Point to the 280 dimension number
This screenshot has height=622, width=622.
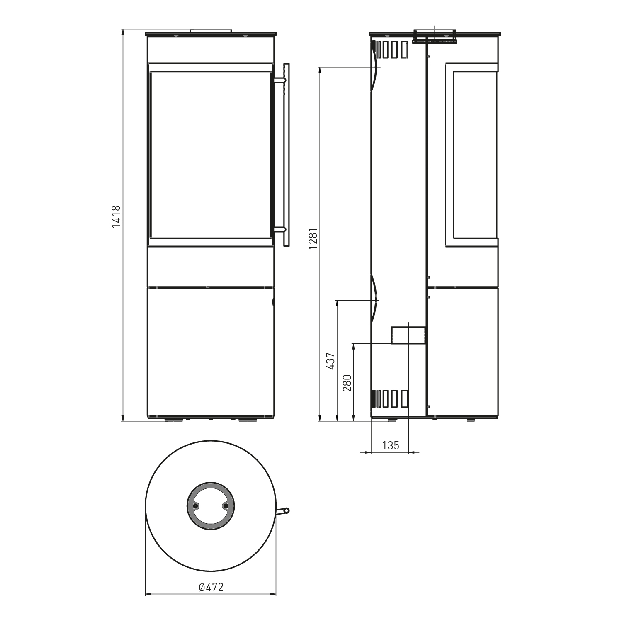[x=347, y=383]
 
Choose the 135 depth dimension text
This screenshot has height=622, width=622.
[x=390, y=445]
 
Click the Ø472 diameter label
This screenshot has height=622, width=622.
[x=211, y=587]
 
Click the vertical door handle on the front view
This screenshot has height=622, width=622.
[x=286, y=155]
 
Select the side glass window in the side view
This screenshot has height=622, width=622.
[x=475, y=155]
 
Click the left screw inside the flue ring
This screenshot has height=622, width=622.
[x=196, y=506]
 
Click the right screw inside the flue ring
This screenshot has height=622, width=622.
[x=225, y=506]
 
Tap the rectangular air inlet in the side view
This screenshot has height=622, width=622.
[x=408, y=335]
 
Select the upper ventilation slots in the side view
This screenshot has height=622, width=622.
[x=390, y=49]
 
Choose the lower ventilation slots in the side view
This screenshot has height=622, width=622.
[x=390, y=399]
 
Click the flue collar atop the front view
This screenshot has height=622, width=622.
[x=211, y=30]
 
